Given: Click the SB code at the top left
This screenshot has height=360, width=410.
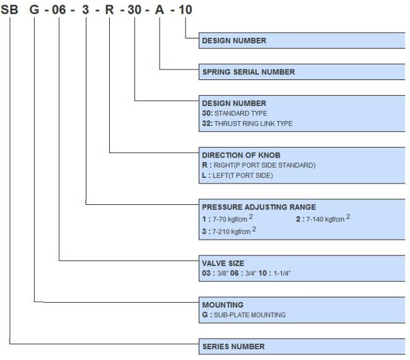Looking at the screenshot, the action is coord(9,9).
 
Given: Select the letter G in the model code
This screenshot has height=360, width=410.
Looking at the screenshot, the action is coord(34,9).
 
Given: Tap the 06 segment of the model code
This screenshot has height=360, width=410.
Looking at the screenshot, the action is coord(59,9).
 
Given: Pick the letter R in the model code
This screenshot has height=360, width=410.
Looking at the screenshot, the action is coord(109,9).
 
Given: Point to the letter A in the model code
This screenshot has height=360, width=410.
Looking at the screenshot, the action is coord(160,9).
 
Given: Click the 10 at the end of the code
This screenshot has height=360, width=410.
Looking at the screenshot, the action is coord(185,9).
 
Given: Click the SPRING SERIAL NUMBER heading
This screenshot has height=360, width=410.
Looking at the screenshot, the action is coord(249,72).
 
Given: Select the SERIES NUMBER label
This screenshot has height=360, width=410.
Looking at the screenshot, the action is coord(233,346).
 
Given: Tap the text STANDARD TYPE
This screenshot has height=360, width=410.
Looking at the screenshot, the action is coord(240,113).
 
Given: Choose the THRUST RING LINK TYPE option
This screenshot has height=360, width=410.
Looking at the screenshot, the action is coord(254,124).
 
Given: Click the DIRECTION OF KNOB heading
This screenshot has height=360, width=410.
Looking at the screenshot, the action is coord(241,155).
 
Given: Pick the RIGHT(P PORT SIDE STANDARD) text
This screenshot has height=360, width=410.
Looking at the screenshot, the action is coord(265,165).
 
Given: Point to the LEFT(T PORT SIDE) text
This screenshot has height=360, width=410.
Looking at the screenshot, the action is coord(243,175).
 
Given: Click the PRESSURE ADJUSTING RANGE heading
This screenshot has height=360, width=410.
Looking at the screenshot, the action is coord(259,207).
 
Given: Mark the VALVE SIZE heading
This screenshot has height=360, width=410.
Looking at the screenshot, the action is coord(223,264).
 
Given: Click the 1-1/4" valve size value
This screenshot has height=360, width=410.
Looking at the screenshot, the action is coord(282,273).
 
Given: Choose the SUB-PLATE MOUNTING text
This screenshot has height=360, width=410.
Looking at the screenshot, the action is coord(250,315).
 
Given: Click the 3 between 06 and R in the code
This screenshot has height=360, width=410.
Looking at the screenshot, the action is coord(86,9).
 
